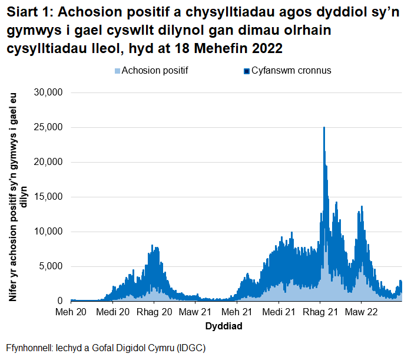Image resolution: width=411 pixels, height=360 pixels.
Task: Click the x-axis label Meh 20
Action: pos(71,311)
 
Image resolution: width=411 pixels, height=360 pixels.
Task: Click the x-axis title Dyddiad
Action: pos(224,325)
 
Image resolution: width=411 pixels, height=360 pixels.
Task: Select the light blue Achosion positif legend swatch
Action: pos(117,71)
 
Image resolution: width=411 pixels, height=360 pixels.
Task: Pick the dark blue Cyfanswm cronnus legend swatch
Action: pos(247,71)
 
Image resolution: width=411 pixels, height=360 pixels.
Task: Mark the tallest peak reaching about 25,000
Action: pos(324,128)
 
